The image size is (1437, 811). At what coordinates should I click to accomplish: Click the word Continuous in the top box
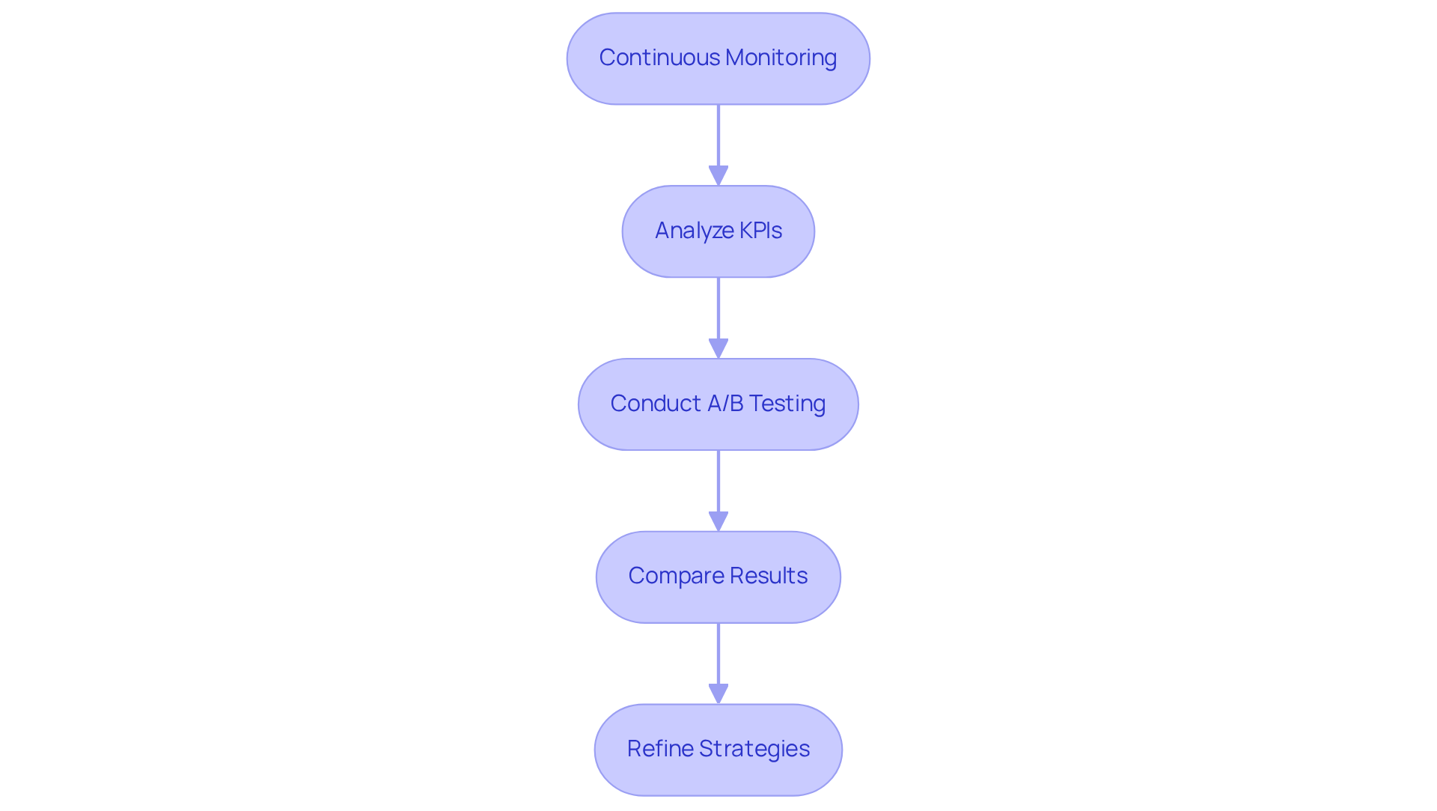point(659,58)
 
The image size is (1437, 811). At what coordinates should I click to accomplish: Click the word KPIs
point(760,231)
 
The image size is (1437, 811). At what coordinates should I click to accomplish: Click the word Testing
point(787,404)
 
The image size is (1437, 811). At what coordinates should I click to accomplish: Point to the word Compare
point(676,576)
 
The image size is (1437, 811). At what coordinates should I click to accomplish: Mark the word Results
point(769,576)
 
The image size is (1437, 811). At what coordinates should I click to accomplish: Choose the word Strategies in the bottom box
point(754,749)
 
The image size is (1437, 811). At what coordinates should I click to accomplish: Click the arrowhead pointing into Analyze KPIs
point(718,175)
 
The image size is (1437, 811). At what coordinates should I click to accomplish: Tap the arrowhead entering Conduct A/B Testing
point(718,348)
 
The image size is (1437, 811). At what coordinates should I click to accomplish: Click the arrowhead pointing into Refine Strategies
point(718,693)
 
